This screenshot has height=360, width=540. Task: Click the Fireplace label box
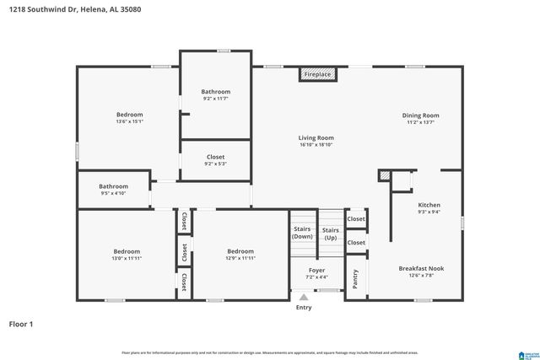pos(317,74)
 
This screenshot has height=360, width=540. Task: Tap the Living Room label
pos(316,137)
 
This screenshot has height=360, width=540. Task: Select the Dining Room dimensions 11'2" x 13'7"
pos(423,122)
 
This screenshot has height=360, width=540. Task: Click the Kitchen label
pos(429,205)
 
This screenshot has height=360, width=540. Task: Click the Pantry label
pos(355,279)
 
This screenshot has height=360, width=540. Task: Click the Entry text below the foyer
pos(304,308)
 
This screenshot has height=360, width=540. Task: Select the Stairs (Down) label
pos(302,233)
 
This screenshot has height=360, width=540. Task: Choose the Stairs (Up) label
pos(331,233)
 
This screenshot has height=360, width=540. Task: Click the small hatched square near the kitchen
pos(385,176)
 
